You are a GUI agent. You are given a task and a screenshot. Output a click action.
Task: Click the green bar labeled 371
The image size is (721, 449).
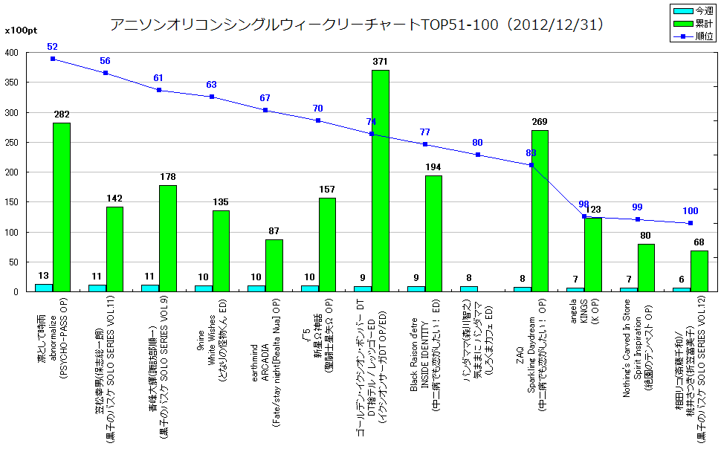point(380,181)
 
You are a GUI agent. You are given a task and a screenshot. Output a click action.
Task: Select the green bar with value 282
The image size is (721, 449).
point(61,207)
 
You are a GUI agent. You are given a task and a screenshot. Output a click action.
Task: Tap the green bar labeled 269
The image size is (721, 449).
point(540,210)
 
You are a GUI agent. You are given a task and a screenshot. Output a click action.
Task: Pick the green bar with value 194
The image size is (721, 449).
point(433,233)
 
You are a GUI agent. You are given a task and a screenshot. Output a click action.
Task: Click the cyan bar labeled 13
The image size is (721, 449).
point(44,287)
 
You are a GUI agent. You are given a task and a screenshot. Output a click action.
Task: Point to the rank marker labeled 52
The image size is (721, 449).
point(53,59)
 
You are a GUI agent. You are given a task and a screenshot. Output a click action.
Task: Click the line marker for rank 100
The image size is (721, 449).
point(691,223)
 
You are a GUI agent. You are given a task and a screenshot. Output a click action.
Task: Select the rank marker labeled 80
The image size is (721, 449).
point(478,155)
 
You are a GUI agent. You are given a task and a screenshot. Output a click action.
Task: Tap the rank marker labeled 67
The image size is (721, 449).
point(265,110)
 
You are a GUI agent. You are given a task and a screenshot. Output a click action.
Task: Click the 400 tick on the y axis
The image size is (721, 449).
point(13,54)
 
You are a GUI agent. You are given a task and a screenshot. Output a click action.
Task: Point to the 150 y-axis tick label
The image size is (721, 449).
point(13,202)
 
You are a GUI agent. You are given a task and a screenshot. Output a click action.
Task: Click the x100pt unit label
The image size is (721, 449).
point(18,31)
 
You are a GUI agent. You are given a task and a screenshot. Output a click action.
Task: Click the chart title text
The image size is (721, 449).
point(357,25)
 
